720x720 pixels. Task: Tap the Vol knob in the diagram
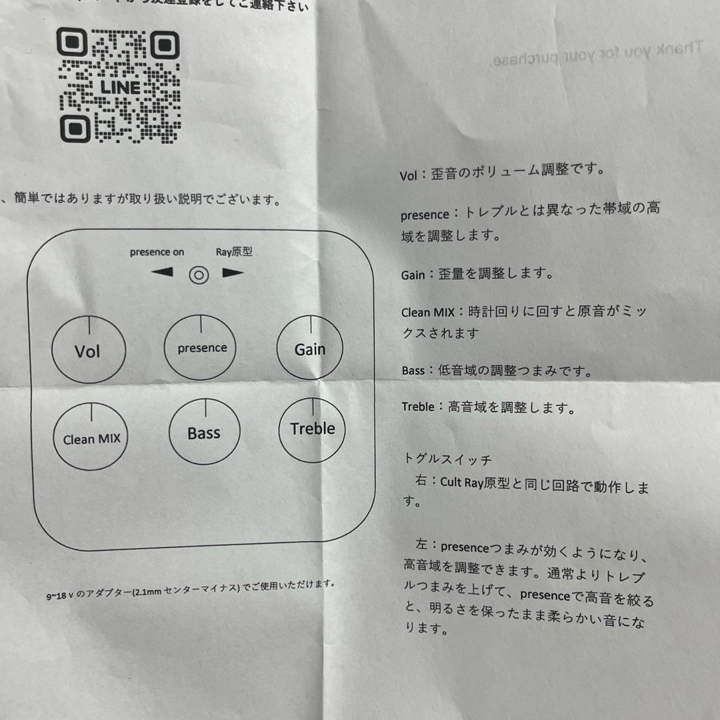click(x=88, y=350)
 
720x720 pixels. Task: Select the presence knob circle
click(x=202, y=348)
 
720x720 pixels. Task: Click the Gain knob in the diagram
click(x=310, y=348)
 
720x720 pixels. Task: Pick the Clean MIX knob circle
click(x=91, y=437)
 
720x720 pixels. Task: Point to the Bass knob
click(x=204, y=433)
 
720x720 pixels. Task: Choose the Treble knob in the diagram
click(x=312, y=429)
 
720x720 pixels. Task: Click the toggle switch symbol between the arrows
click(x=199, y=275)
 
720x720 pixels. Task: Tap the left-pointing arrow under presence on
click(x=162, y=273)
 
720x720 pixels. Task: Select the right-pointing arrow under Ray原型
click(x=233, y=273)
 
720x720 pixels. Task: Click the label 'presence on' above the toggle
click(x=157, y=252)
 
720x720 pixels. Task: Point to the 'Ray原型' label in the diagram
click(x=234, y=252)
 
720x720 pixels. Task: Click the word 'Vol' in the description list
click(x=408, y=176)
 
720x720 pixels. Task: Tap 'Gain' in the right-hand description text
click(x=413, y=275)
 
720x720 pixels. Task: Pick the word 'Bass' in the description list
click(x=413, y=371)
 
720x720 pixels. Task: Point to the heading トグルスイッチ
click(x=447, y=459)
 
